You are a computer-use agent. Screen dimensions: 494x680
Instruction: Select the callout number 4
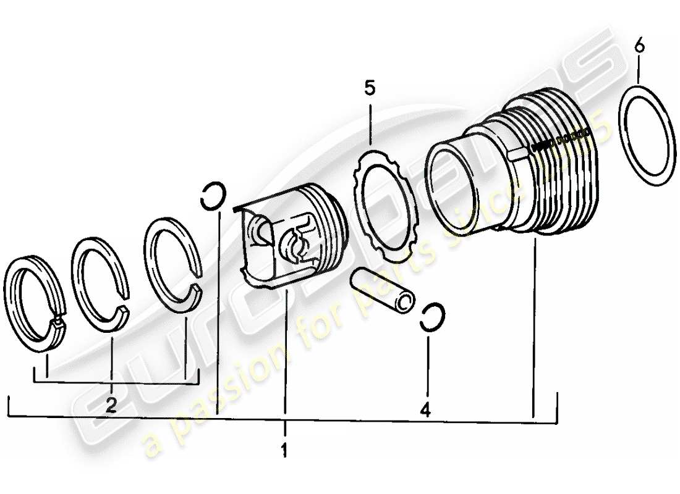click(426, 409)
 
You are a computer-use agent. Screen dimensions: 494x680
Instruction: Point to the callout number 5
click(369, 88)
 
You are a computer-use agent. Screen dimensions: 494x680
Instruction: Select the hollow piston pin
click(378, 291)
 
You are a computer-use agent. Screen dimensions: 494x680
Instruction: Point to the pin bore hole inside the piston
click(291, 243)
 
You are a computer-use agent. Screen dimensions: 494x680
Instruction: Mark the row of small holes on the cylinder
click(559, 143)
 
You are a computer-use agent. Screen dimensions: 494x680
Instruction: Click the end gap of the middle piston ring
click(122, 309)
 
